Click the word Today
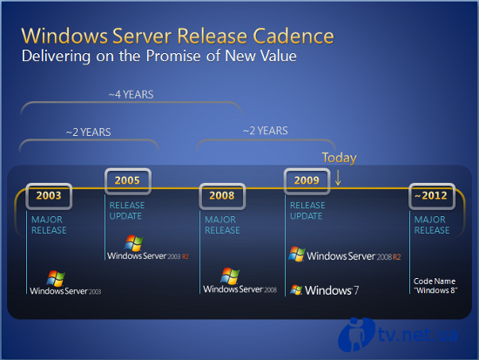(x=339, y=158)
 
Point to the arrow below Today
(x=338, y=178)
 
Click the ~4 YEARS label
(x=131, y=94)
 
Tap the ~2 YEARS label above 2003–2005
(x=89, y=132)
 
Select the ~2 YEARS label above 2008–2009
(x=266, y=131)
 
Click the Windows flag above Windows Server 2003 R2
(x=134, y=243)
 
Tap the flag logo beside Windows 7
(x=296, y=289)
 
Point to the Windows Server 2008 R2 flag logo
(x=297, y=254)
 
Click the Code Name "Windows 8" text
(x=435, y=286)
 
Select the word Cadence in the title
(x=293, y=36)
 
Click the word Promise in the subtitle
(x=173, y=57)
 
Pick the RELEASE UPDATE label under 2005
(x=127, y=211)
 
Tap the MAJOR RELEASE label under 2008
(x=222, y=225)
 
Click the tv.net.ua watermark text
(x=417, y=334)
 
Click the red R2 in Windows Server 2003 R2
(x=186, y=256)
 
